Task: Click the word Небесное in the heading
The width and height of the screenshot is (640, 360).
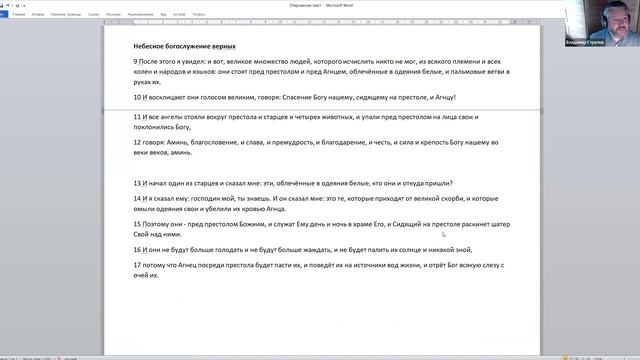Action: [149, 47]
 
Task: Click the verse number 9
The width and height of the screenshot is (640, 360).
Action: [135, 62]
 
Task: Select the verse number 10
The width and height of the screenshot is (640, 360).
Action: [137, 97]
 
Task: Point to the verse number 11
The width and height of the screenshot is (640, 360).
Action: [137, 117]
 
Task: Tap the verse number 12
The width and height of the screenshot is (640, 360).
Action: [137, 142]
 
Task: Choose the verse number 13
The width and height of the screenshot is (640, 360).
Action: [137, 183]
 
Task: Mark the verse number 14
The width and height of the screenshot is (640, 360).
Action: [137, 199]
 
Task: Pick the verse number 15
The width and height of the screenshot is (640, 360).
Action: [137, 224]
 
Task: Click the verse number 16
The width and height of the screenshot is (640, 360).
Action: [137, 249]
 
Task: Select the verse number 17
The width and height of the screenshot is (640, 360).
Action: [137, 265]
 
